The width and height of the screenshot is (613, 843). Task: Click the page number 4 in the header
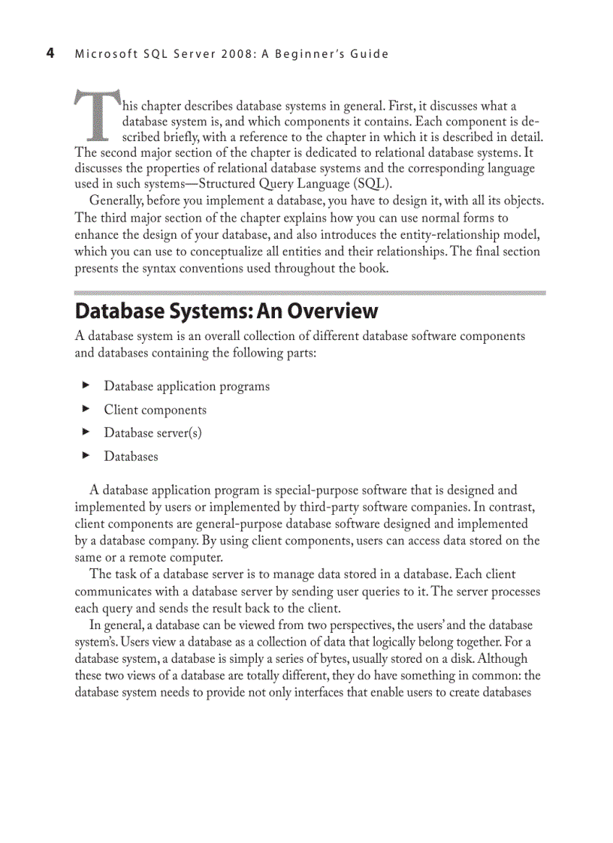[x=50, y=53]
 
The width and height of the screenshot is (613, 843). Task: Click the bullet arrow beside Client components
[x=86, y=409]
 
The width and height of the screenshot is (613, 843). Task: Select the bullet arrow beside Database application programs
[x=86, y=386]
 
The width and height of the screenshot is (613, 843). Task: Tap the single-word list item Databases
[x=131, y=456]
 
